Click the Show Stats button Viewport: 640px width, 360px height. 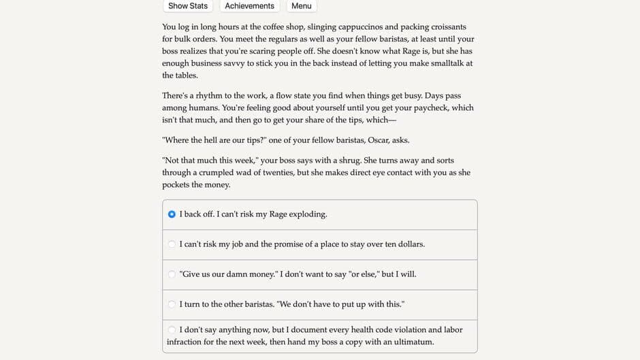tap(188, 6)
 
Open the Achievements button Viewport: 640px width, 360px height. tap(249, 6)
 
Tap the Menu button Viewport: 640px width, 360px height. tap(301, 6)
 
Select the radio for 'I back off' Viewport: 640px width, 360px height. tap(172, 214)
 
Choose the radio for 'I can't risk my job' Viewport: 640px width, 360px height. tap(172, 244)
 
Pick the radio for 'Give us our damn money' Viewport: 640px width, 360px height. tap(172, 274)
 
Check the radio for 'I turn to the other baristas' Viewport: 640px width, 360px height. tap(172, 304)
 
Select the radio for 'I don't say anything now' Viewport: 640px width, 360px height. tap(172, 330)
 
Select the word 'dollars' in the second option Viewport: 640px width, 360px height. tap(410, 244)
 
